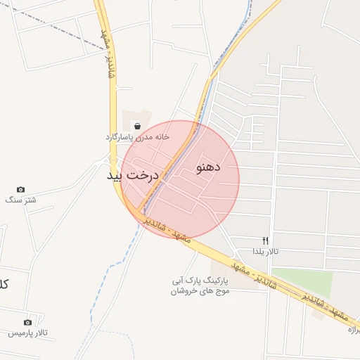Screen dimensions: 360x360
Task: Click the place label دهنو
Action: [207, 167]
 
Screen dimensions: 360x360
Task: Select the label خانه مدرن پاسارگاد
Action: [138, 136]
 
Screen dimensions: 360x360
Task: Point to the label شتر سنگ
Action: [20, 200]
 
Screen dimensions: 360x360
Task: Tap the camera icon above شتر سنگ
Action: [20, 189]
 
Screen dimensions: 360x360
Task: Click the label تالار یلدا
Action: [266, 251]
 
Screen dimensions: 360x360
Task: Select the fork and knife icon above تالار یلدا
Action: [265, 240]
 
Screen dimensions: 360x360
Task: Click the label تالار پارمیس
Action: [27, 333]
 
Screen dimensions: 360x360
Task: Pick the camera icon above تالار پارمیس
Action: [27, 323]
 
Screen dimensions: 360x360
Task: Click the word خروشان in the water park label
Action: [181, 291]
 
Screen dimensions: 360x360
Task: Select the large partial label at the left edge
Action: [4, 284]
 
